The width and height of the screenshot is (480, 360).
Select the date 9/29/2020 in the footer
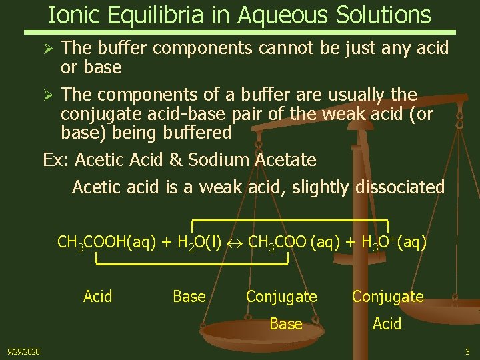pos(23,351)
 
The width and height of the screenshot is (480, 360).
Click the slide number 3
pos(467,351)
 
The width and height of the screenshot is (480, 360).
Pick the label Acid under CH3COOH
pos(97,296)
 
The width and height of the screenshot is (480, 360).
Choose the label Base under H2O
pos(189,296)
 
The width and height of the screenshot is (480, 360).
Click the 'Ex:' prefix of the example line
pos(56,160)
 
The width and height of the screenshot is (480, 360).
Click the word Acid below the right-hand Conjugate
pos(387,324)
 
